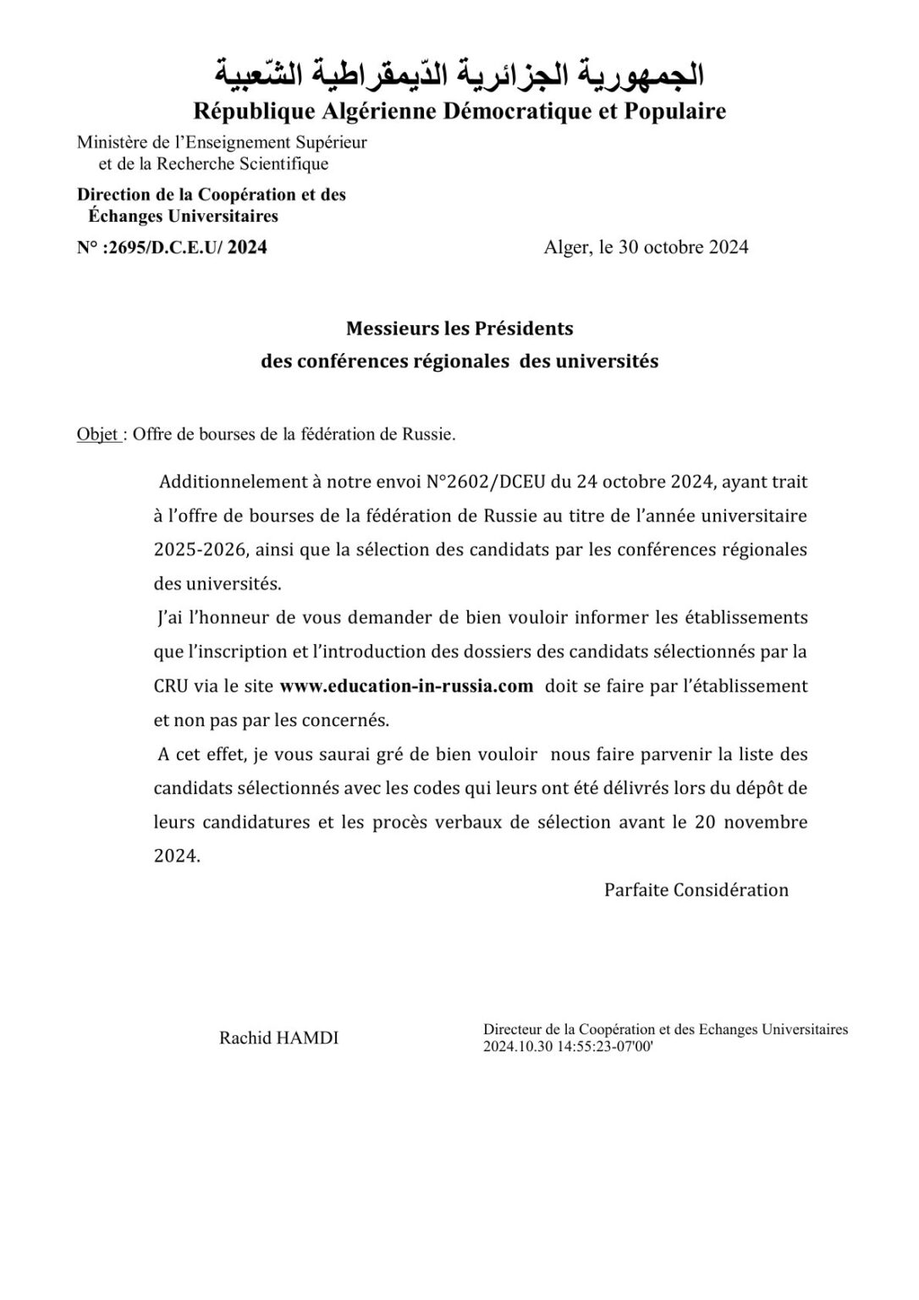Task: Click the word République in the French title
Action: [x=250, y=111]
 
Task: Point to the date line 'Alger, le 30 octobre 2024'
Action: [x=646, y=247]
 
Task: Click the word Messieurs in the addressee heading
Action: [x=391, y=328]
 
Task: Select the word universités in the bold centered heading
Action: [x=606, y=361]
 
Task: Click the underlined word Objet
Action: [x=96, y=434]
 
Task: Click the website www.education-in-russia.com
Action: [x=406, y=686]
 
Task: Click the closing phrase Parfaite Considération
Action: [x=696, y=890]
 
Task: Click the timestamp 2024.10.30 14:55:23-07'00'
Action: [x=568, y=1045]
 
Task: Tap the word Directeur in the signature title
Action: [x=512, y=1029]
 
